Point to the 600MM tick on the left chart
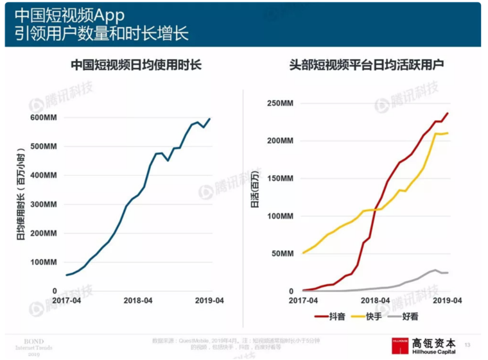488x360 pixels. click(x=44, y=117)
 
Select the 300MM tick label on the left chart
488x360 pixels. click(x=44, y=204)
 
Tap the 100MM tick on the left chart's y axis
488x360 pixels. click(x=44, y=262)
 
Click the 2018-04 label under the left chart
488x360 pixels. click(x=138, y=300)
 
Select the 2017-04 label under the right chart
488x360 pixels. click(x=303, y=300)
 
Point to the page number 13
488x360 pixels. click(x=467, y=345)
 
